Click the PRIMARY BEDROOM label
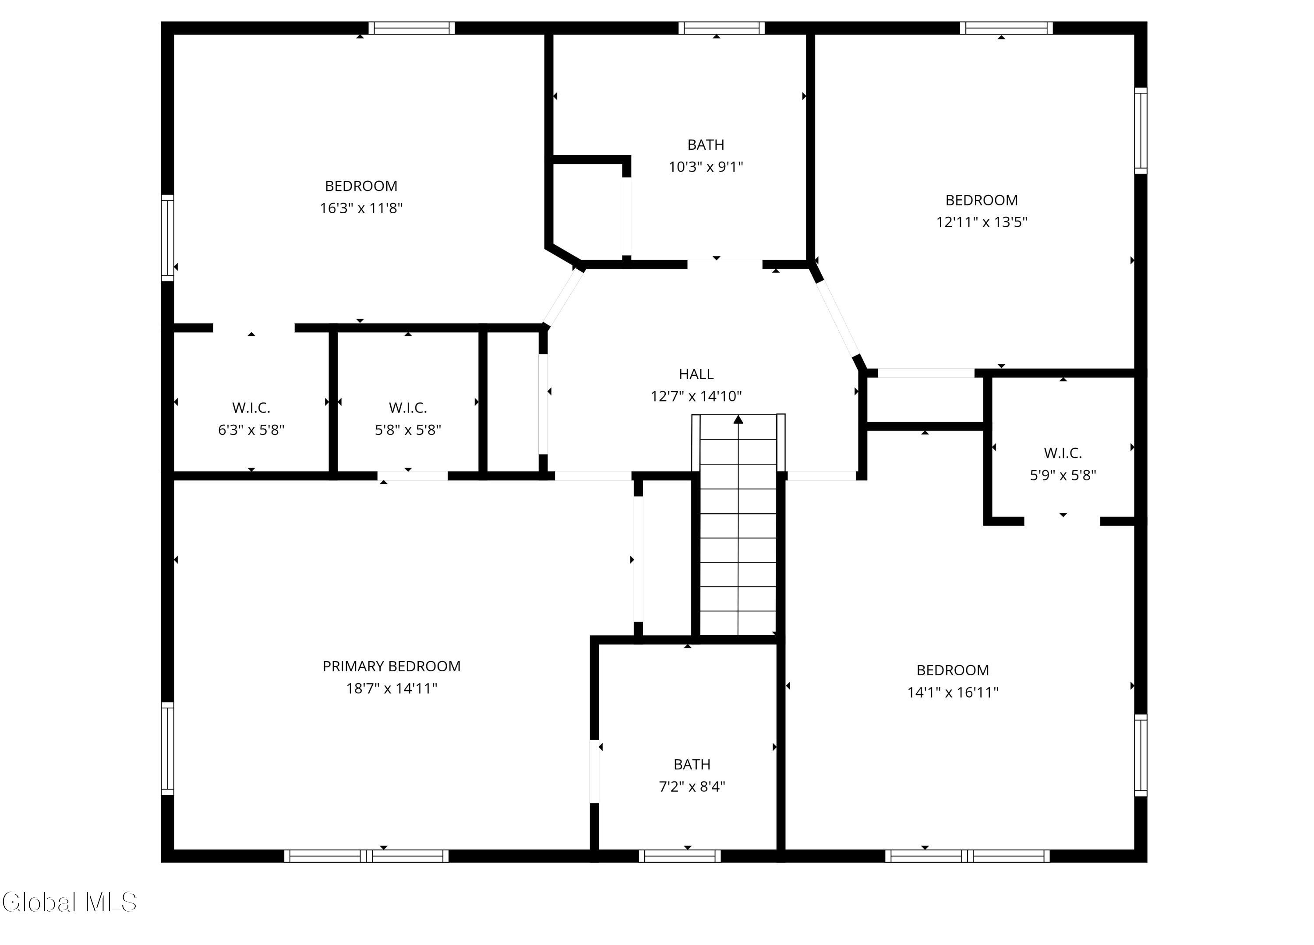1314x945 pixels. (392, 666)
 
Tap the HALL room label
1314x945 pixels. (696, 374)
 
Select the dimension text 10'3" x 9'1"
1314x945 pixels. (706, 167)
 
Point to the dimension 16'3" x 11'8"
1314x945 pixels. (361, 208)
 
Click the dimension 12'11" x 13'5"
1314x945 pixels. (982, 222)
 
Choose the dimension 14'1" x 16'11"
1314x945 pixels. (953, 692)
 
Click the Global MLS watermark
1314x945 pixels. (70, 902)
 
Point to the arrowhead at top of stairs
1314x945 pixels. (738, 420)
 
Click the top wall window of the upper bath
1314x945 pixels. (721, 28)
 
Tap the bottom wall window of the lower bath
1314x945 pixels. (680, 856)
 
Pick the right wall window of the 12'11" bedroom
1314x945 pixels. (1140, 130)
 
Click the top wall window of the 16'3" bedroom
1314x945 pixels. (411, 28)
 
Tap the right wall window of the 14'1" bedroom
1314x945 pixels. (1140, 755)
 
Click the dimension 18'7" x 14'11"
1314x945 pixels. (392, 688)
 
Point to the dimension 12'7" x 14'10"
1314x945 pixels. (696, 396)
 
